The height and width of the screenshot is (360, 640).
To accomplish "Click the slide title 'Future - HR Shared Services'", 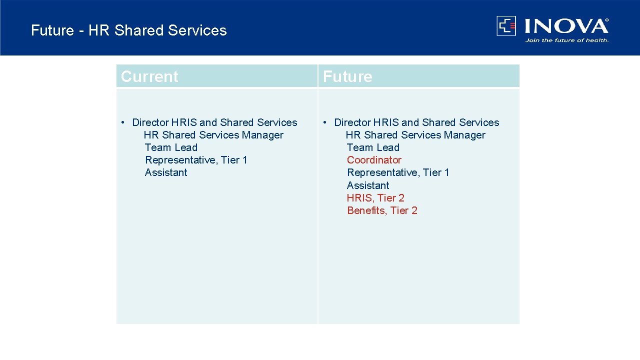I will pyautogui.click(x=128, y=30).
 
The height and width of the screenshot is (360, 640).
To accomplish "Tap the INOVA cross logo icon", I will pyautogui.click(x=506, y=26).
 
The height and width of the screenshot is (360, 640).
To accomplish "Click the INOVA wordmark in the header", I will pyautogui.click(x=566, y=26).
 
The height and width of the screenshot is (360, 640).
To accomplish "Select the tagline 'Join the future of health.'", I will pyautogui.click(x=566, y=40).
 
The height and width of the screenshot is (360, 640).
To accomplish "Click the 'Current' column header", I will pyautogui.click(x=149, y=76).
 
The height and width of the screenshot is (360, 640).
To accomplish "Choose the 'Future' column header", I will pyautogui.click(x=347, y=76).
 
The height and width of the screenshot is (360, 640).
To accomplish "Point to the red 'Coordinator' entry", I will pyautogui.click(x=374, y=160).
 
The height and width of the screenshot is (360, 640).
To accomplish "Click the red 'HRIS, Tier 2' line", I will pyautogui.click(x=375, y=198).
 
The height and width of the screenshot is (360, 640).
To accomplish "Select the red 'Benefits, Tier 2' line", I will pyautogui.click(x=382, y=210).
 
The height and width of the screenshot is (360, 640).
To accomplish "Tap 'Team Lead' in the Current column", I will pyautogui.click(x=171, y=147).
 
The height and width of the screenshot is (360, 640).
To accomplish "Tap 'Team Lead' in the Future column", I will pyautogui.click(x=373, y=147).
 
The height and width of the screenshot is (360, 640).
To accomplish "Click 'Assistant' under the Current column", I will pyautogui.click(x=166, y=172).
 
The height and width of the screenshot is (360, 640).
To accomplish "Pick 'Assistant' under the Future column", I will pyautogui.click(x=368, y=185).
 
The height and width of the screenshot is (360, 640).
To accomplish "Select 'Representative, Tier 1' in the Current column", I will pyautogui.click(x=196, y=160).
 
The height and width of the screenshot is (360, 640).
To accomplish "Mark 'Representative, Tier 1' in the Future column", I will pyautogui.click(x=398, y=172).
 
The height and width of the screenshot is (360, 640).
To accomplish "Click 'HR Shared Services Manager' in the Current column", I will pyautogui.click(x=213, y=135).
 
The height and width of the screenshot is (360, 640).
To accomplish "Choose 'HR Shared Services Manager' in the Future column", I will pyautogui.click(x=415, y=135).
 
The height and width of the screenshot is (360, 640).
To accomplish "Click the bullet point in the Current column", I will pyautogui.click(x=123, y=122).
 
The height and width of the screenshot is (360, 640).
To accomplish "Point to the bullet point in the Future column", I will pyautogui.click(x=325, y=122).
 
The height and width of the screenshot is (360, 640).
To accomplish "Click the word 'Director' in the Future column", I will pyautogui.click(x=352, y=122).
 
